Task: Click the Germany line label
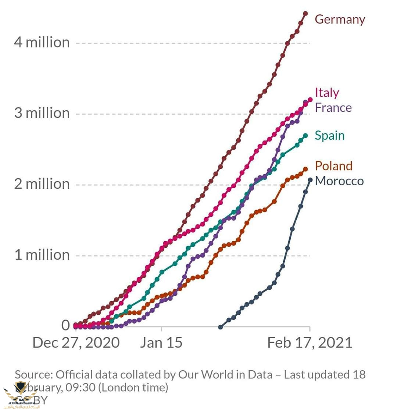(x=340, y=19)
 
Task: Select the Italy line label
(x=327, y=93)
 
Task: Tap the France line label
(x=333, y=107)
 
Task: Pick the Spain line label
(x=330, y=135)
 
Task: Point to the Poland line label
(x=334, y=166)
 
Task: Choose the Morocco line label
(x=339, y=181)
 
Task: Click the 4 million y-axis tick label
(x=42, y=42)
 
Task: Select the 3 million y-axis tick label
(x=42, y=113)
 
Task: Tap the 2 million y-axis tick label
(x=42, y=183)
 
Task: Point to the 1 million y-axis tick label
(x=42, y=254)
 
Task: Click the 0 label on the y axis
(x=65, y=325)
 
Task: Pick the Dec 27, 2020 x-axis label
(x=76, y=343)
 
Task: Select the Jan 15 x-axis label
(x=161, y=343)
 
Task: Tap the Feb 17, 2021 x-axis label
(x=310, y=343)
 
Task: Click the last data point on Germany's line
(x=305, y=14)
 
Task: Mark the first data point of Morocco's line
(x=221, y=327)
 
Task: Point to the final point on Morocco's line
(x=310, y=180)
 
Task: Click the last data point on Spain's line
(x=305, y=136)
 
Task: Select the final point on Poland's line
(x=305, y=169)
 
